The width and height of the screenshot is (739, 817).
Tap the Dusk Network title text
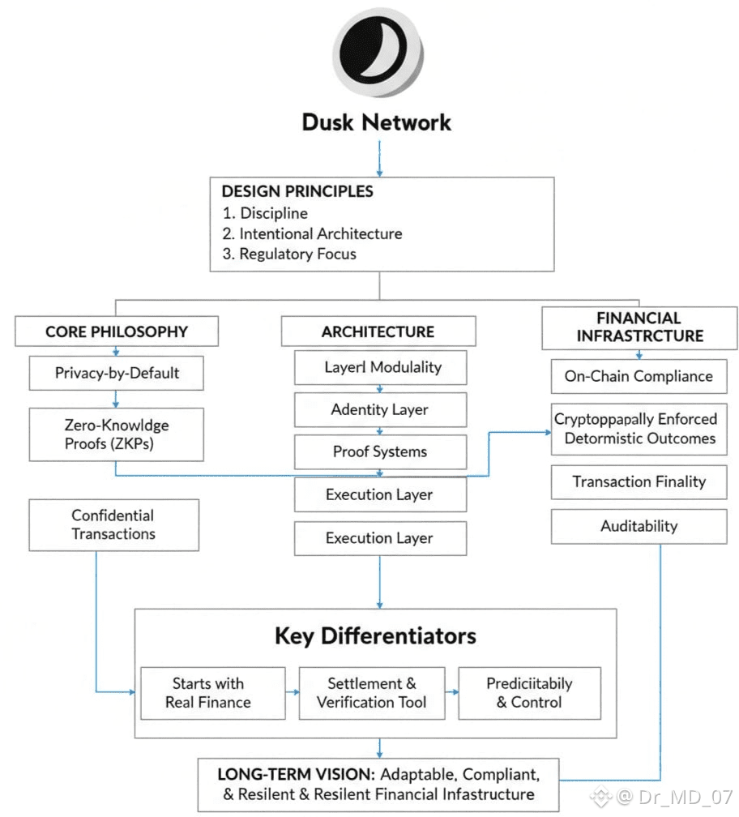tap(376, 122)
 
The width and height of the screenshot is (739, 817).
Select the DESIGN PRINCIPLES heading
tap(297, 191)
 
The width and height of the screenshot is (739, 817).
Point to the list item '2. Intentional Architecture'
tap(312, 233)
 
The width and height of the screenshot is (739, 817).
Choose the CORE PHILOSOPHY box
tap(117, 332)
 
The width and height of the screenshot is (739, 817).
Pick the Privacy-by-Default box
tap(117, 374)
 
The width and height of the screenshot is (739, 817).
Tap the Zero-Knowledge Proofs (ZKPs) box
tap(117, 434)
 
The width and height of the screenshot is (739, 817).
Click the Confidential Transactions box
tap(113, 524)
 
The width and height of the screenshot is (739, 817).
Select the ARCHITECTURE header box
tap(378, 332)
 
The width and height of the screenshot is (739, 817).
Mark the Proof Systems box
tap(380, 451)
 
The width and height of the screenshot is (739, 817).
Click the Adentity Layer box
tap(380, 409)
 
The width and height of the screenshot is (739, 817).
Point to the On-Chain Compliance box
tap(639, 376)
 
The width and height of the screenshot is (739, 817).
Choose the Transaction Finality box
tap(639, 481)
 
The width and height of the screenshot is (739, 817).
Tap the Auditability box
tap(639, 526)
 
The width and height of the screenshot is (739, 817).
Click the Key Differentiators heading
tap(375, 635)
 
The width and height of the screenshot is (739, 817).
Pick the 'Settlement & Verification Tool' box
tap(372, 693)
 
